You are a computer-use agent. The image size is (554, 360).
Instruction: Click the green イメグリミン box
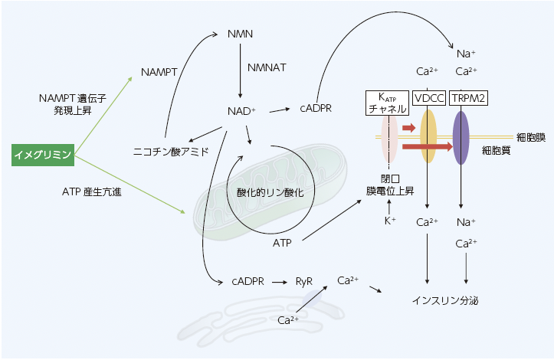pos(44,155)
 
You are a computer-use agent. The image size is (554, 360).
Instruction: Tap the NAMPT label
pos(159,72)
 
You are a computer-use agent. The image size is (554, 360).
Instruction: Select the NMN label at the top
pos(241,34)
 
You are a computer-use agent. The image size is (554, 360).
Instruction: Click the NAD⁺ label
pos(241,110)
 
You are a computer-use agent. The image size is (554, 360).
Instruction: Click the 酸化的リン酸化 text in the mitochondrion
pos(270,193)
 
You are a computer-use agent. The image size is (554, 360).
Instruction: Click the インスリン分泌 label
pos(445,300)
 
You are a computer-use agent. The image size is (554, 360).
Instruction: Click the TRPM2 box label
pos(469,98)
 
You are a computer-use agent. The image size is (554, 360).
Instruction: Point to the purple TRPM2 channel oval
pos(461,138)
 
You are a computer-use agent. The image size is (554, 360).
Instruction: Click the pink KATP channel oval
pos(389,138)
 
